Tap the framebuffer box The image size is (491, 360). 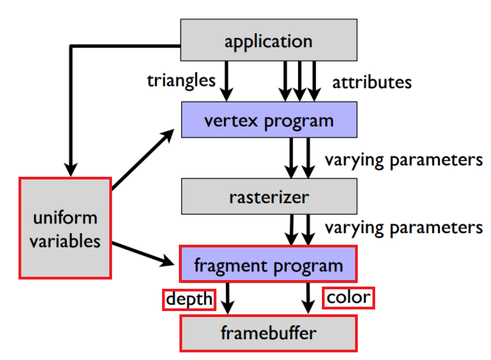(x=269, y=333)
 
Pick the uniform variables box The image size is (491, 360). (x=65, y=228)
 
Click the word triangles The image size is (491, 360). (x=181, y=80)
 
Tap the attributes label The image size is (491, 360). (x=372, y=82)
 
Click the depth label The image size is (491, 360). (x=189, y=299)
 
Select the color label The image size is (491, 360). (x=348, y=297)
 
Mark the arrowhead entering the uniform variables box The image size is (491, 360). (x=70, y=169)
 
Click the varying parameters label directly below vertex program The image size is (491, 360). (x=403, y=160)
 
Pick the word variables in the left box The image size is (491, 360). (x=65, y=240)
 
